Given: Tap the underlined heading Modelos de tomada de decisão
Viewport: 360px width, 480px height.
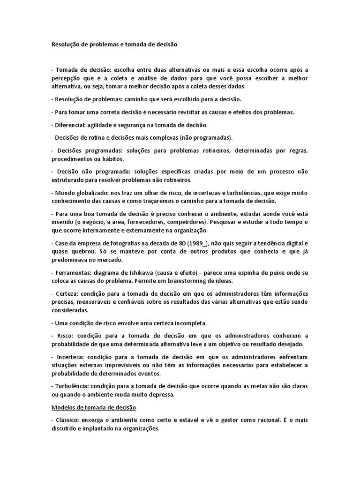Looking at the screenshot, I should click(93, 407).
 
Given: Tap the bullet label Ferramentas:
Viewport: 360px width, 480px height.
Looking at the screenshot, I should click(75, 273).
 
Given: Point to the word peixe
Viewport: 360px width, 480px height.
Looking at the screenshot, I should click(278, 273).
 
